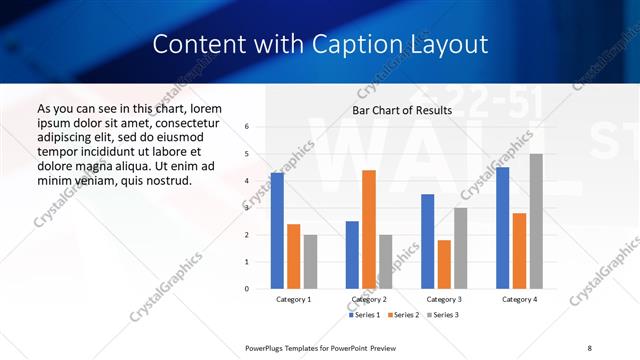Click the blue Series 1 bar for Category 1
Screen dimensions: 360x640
point(277,231)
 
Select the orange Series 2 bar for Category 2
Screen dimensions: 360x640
point(369,229)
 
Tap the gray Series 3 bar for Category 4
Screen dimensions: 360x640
point(536,221)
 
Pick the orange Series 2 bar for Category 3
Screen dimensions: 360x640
point(444,264)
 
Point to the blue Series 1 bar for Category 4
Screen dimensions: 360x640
point(502,228)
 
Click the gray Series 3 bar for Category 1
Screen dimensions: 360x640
point(311,262)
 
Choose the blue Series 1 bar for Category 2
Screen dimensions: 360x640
point(352,255)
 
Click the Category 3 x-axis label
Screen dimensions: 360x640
point(444,299)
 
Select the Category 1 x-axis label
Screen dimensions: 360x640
point(294,299)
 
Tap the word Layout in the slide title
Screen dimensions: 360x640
point(454,44)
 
